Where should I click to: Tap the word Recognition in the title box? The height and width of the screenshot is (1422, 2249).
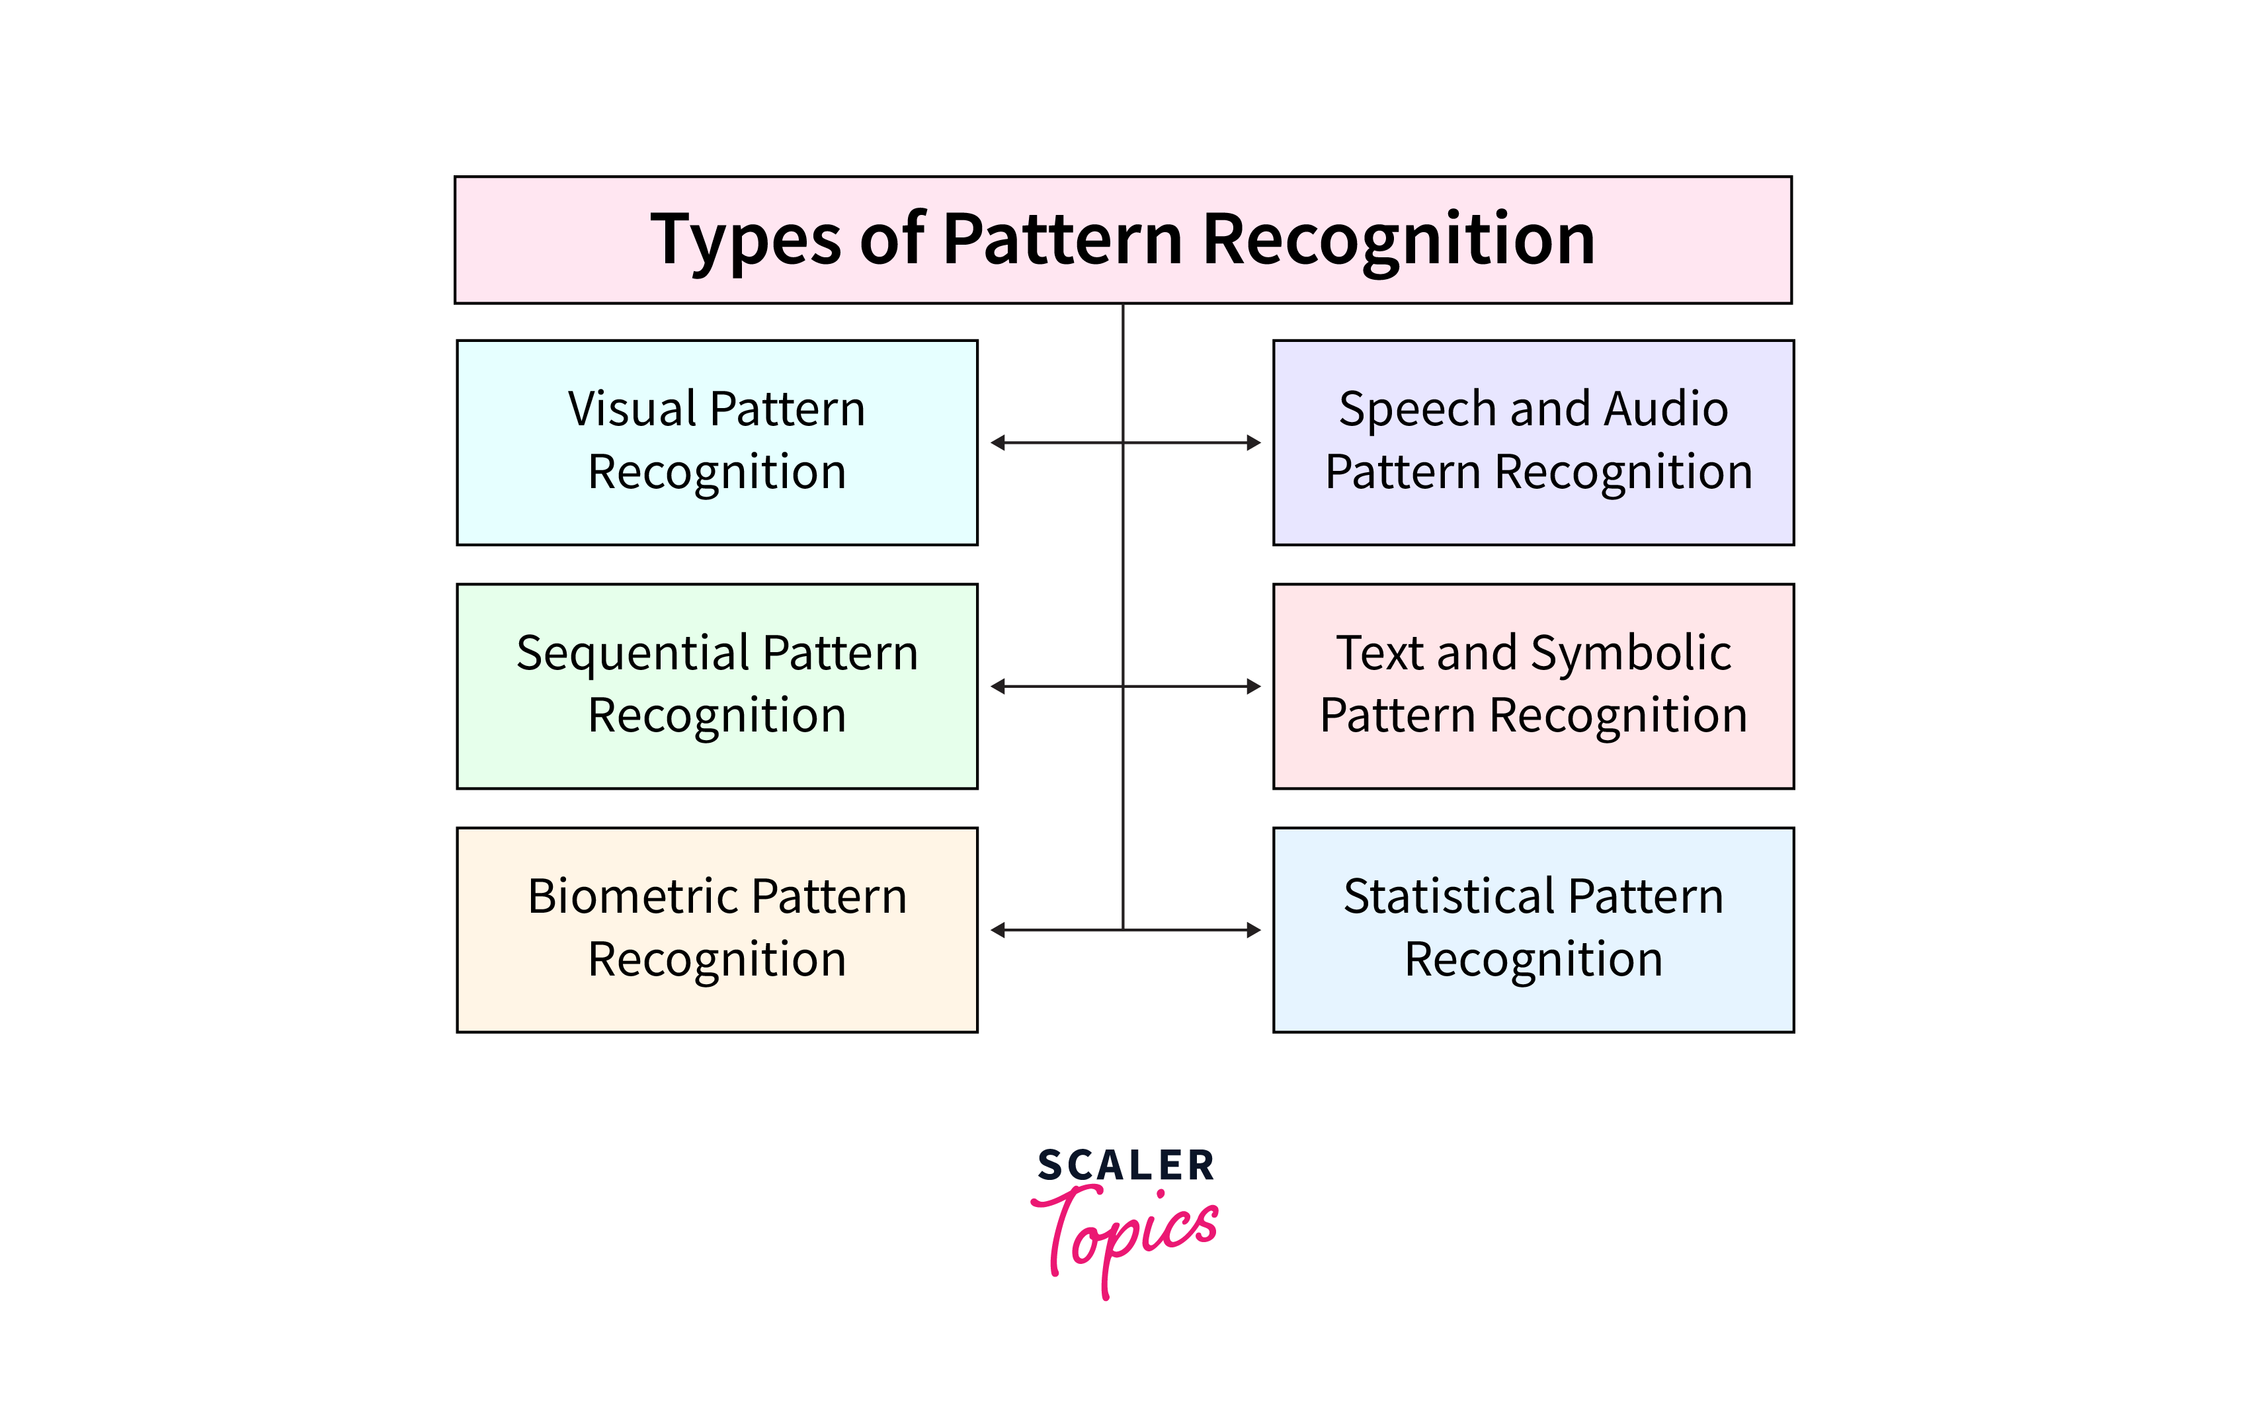pyautogui.click(x=1398, y=240)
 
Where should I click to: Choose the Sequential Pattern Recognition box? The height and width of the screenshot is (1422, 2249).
pyautogui.click(x=716, y=686)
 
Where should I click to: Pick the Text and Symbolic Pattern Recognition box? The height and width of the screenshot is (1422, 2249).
pyautogui.click(x=1533, y=686)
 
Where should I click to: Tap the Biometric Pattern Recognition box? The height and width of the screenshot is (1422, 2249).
pyautogui.click(x=716, y=930)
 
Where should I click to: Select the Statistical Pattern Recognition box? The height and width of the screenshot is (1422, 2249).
pyautogui.click(x=1533, y=930)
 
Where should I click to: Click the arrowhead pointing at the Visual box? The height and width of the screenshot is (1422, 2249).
pyautogui.click(x=997, y=443)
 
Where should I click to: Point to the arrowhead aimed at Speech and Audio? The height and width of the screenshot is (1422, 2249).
pyautogui.click(x=1254, y=443)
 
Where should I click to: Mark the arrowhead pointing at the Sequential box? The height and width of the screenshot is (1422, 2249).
pyautogui.click(x=997, y=687)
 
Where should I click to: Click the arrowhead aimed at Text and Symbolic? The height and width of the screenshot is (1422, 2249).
pyautogui.click(x=1254, y=687)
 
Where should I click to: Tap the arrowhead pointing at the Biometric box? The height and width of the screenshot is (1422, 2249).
pyautogui.click(x=997, y=930)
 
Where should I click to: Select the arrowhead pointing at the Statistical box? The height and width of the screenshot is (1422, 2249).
pyautogui.click(x=1254, y=930)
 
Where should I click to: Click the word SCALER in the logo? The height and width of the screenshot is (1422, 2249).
pyautogui.click(x=1125, y=1165)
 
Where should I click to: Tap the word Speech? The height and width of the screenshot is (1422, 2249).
pyautogui.click(x=1418, y=410)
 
